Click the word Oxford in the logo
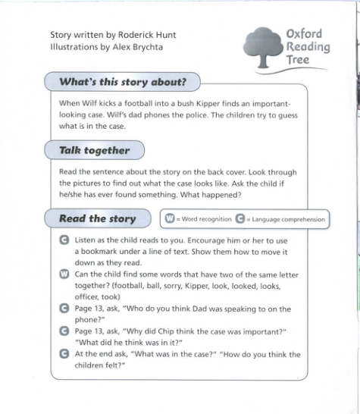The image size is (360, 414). coord(305,33)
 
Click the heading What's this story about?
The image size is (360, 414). coord(124,81)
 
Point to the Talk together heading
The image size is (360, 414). coord(95,150)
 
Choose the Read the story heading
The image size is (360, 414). coord(97,219)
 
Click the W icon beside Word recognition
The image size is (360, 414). coord(171,220)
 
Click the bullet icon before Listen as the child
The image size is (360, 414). coord(64,240)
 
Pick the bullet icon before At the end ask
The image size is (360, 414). coord(64,353)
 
